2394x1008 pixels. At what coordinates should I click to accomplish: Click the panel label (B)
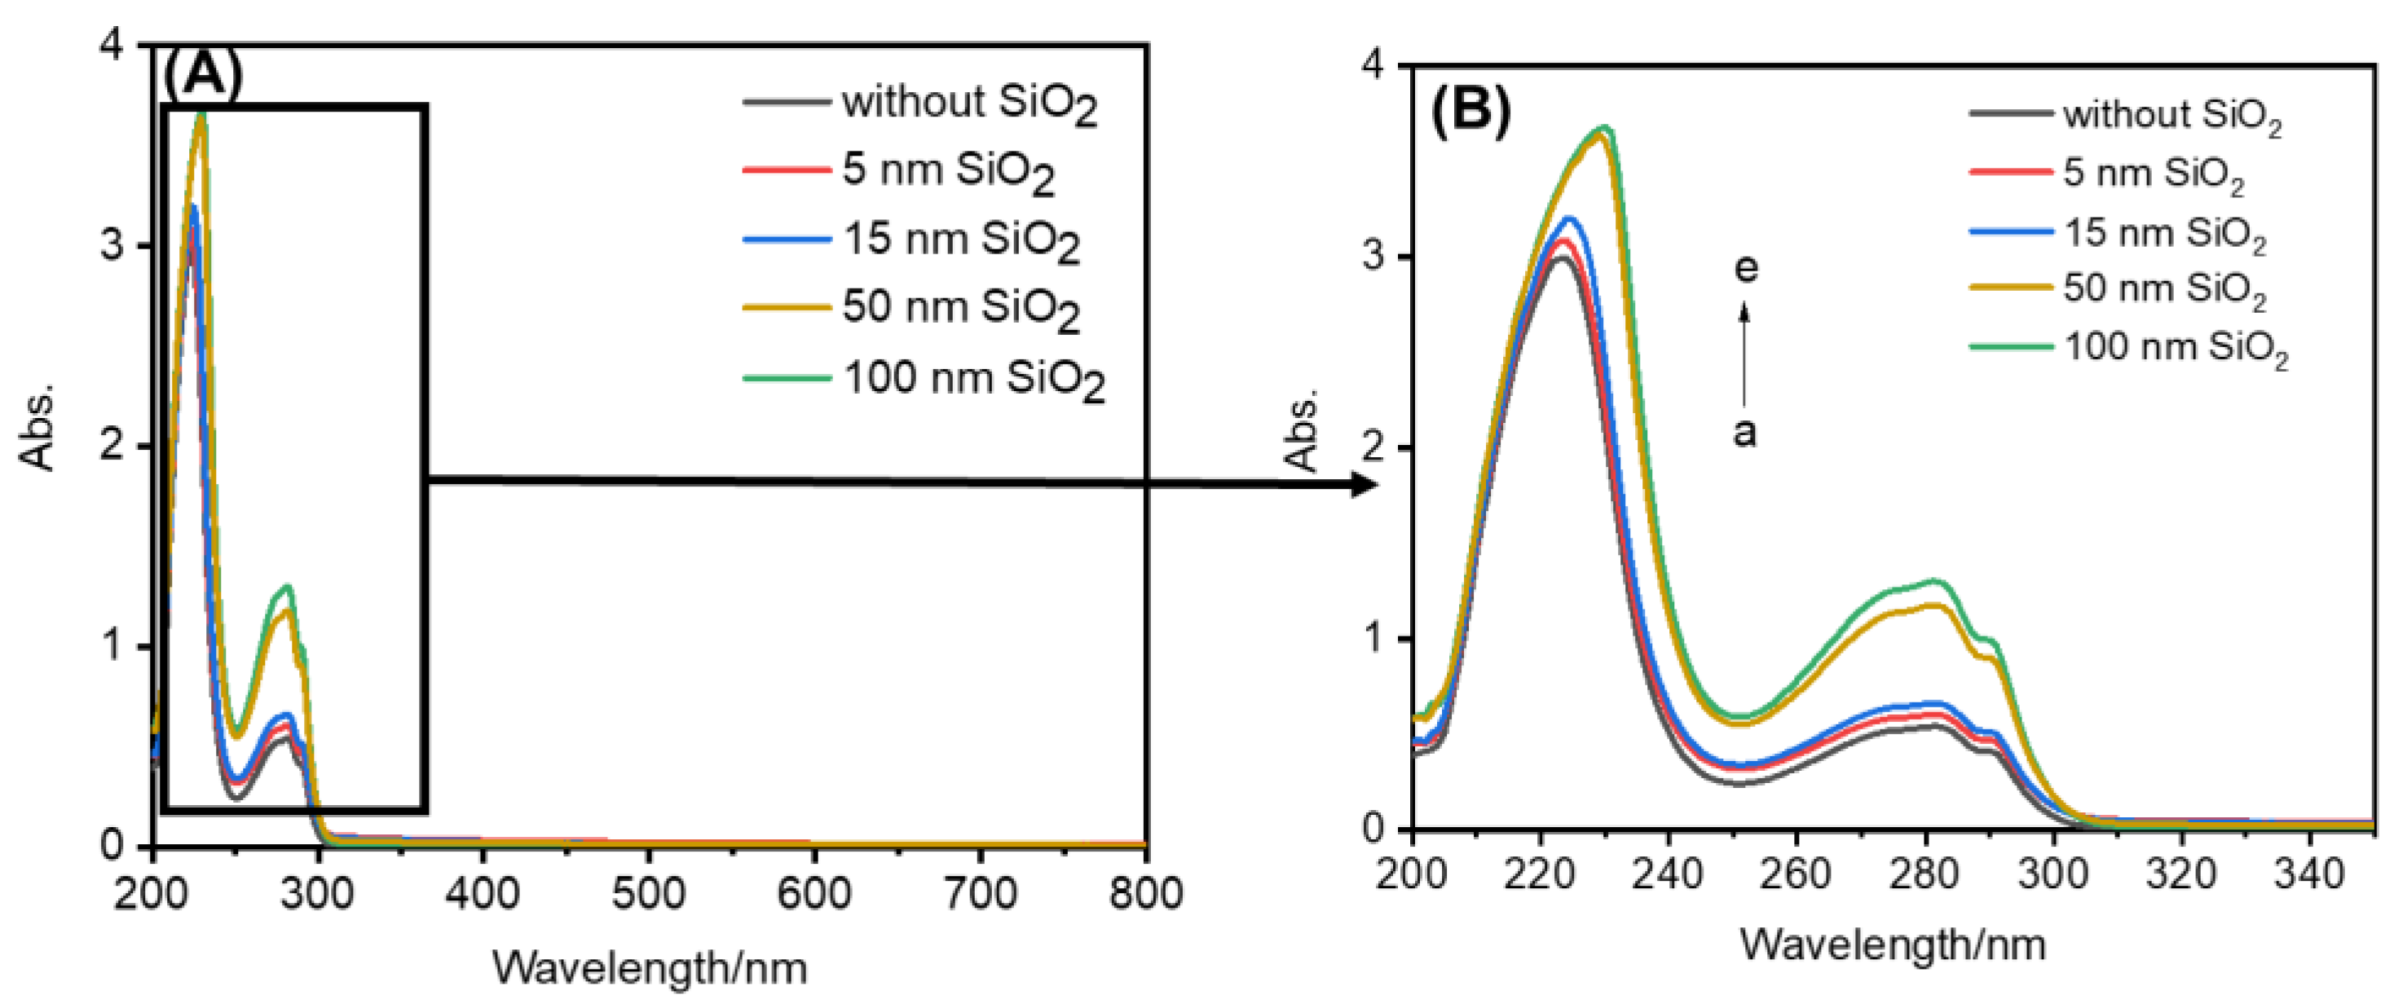coord(1470,111)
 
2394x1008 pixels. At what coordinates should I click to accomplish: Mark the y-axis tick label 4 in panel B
coord(1373,66)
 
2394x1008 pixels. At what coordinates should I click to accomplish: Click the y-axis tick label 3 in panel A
coord(111,245)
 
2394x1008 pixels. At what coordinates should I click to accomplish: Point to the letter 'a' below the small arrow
coord(1745,433)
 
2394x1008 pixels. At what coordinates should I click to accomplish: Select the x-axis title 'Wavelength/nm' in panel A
coord(649,968)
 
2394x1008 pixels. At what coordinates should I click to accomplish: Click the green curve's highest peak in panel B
coord(1605,128)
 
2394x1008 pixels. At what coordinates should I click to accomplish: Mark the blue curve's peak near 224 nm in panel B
coord(1570,219)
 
